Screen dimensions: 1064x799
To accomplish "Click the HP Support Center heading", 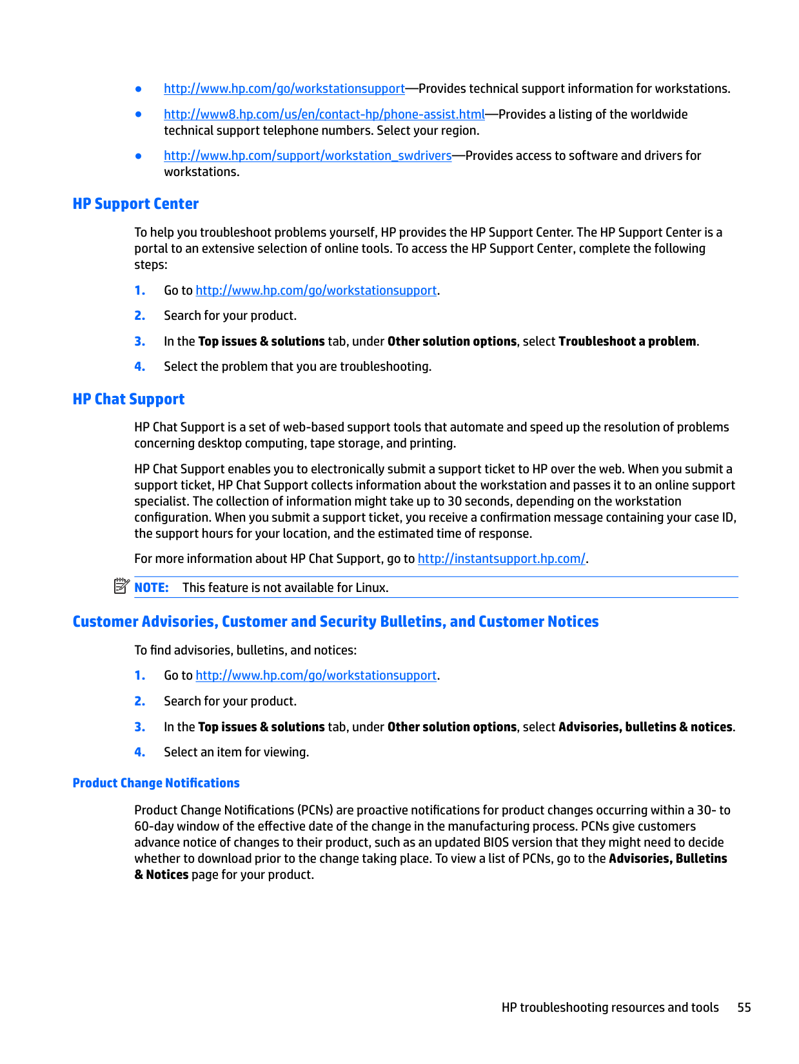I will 135,204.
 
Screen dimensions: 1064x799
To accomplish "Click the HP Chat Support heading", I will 128,399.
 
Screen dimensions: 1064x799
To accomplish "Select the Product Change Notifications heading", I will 156,783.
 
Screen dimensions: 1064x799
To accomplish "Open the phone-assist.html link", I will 324,115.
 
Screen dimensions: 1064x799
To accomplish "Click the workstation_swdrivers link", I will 308,156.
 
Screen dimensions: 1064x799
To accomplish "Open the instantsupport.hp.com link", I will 501,559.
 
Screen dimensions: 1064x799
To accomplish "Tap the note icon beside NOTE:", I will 121,586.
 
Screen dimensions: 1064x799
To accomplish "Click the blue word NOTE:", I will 152,587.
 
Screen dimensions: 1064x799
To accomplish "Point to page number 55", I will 744,1007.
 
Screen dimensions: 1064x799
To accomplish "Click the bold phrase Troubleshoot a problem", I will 627,342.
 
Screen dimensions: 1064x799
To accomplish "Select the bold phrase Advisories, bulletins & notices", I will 646,727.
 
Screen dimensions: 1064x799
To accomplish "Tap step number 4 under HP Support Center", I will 140,367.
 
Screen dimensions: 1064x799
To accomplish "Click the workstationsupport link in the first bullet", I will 284,89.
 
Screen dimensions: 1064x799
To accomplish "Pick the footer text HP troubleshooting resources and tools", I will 610,1007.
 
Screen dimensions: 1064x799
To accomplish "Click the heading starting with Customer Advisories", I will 335,622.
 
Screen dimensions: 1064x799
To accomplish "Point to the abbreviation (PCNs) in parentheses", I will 315,811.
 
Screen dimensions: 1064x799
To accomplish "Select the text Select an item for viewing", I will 236,753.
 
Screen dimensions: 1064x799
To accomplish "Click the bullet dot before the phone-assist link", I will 139,114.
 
